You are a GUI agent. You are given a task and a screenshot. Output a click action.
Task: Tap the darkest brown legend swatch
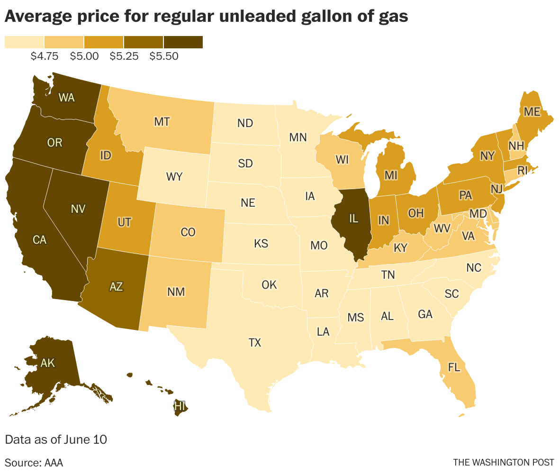[183, 42]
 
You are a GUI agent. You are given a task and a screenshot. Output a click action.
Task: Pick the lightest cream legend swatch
[24, 42]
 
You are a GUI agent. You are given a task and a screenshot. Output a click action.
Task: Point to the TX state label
[255, 343]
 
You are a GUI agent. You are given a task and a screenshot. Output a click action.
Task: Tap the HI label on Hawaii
[180, 406]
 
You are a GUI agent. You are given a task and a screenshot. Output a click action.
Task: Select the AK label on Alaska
[48, 364]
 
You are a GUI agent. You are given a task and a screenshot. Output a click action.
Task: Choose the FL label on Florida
[454, 368]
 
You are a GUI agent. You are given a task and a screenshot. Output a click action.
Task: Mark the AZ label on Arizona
[116, 286]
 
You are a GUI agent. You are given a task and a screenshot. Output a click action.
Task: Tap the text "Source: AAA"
[34, 462]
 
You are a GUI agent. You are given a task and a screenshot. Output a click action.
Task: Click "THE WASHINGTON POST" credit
[503, 462]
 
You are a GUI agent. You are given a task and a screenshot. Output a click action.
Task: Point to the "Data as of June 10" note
[56, 439]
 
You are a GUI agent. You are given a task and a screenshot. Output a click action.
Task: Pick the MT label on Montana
[162, 122]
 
